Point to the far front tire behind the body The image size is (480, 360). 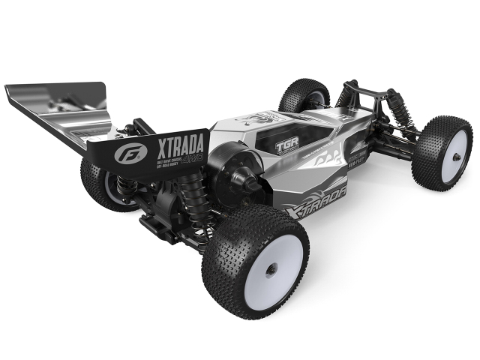coord(303,94)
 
